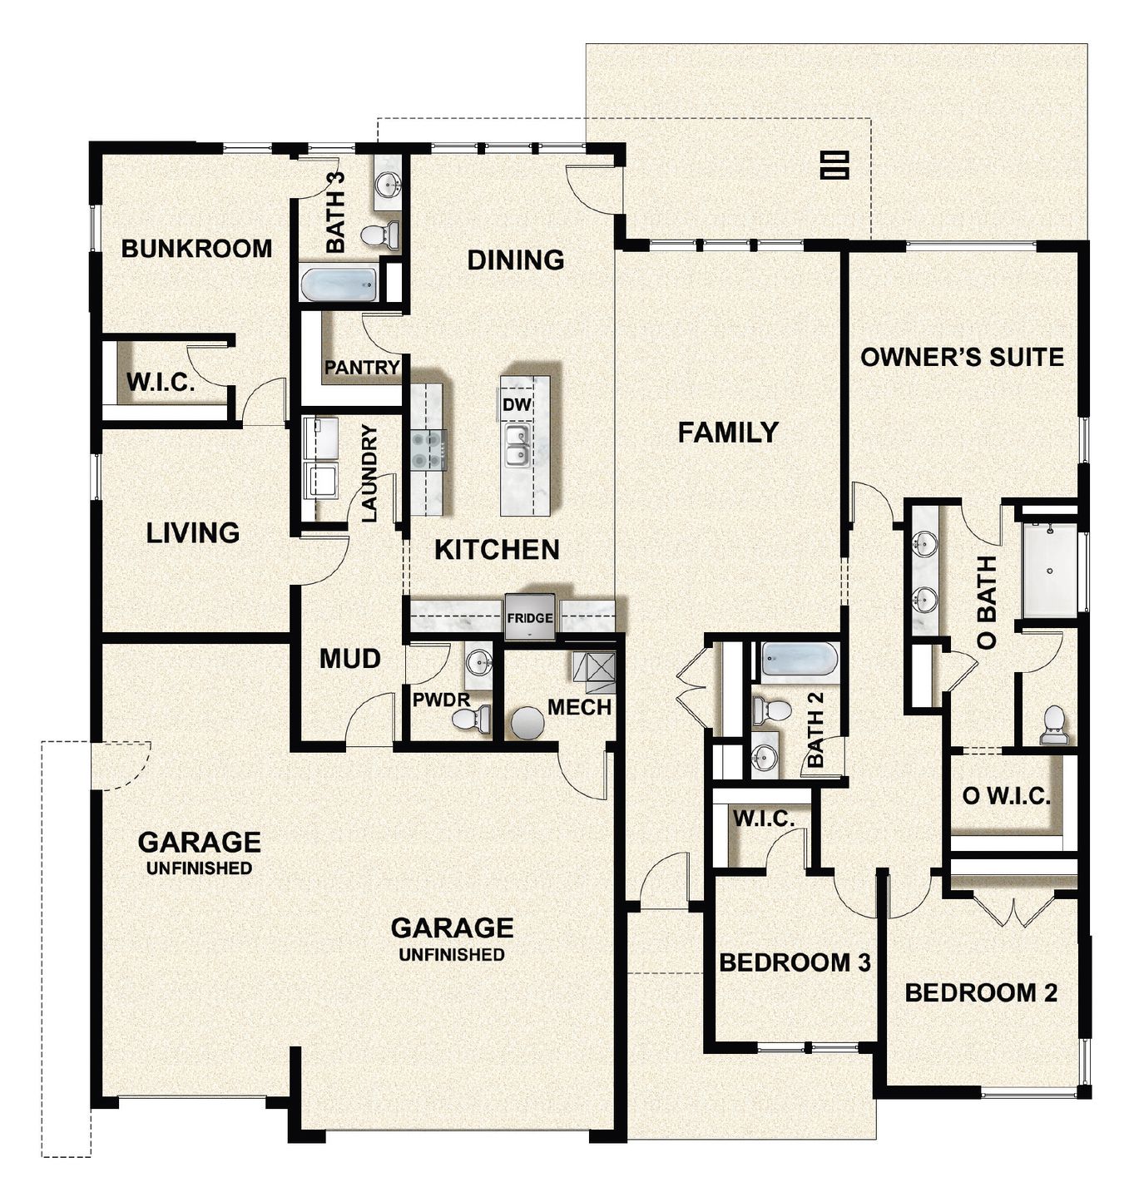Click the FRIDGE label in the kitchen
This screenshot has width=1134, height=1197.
(x=529, y=618)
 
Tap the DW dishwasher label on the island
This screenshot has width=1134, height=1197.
(x=517, y=404)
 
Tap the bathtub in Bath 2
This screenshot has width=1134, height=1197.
(x=800, y=660)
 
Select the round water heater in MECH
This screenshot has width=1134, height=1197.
(x=527, y=724)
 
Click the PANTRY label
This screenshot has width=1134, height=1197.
(x=362, y=367)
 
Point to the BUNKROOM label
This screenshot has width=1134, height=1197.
(x=196, y=249)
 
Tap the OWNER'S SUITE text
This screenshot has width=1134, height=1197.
(x=962, y=357)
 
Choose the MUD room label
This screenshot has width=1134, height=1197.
(x=350, y=659)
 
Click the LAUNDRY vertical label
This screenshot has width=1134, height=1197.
(x=369, y=473)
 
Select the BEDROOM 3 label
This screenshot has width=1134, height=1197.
(x=795, y=962)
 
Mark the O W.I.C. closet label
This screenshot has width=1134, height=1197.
(x=1006, y=796)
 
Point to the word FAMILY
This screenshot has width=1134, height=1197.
(x=728, y=433)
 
